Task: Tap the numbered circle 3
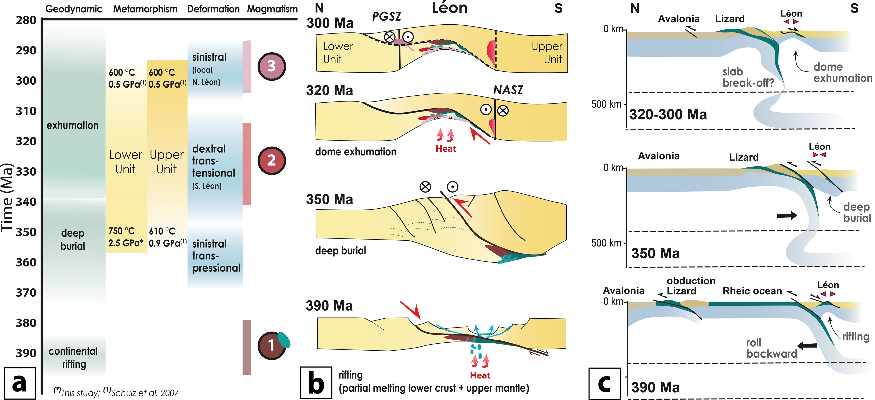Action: (x=271, y=66)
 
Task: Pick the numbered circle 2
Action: (x=271, y=160)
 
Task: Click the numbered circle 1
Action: (x=271, y=346)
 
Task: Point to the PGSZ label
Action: (x=386, y=16)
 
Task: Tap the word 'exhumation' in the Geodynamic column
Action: (x=72, y=125)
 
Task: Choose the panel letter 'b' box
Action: (x=316, y=383)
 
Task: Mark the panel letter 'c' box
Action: (x=605, y=383)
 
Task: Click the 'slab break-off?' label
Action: (x=748, y=77)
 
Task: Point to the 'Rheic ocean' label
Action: (x=752, y=291)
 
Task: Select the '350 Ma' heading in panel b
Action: (x=330, y=199)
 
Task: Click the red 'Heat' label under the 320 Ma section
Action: (x=446, y=149)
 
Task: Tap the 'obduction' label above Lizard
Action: (x=691, y=281)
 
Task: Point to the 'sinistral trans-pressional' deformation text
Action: (x=216, y=256)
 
